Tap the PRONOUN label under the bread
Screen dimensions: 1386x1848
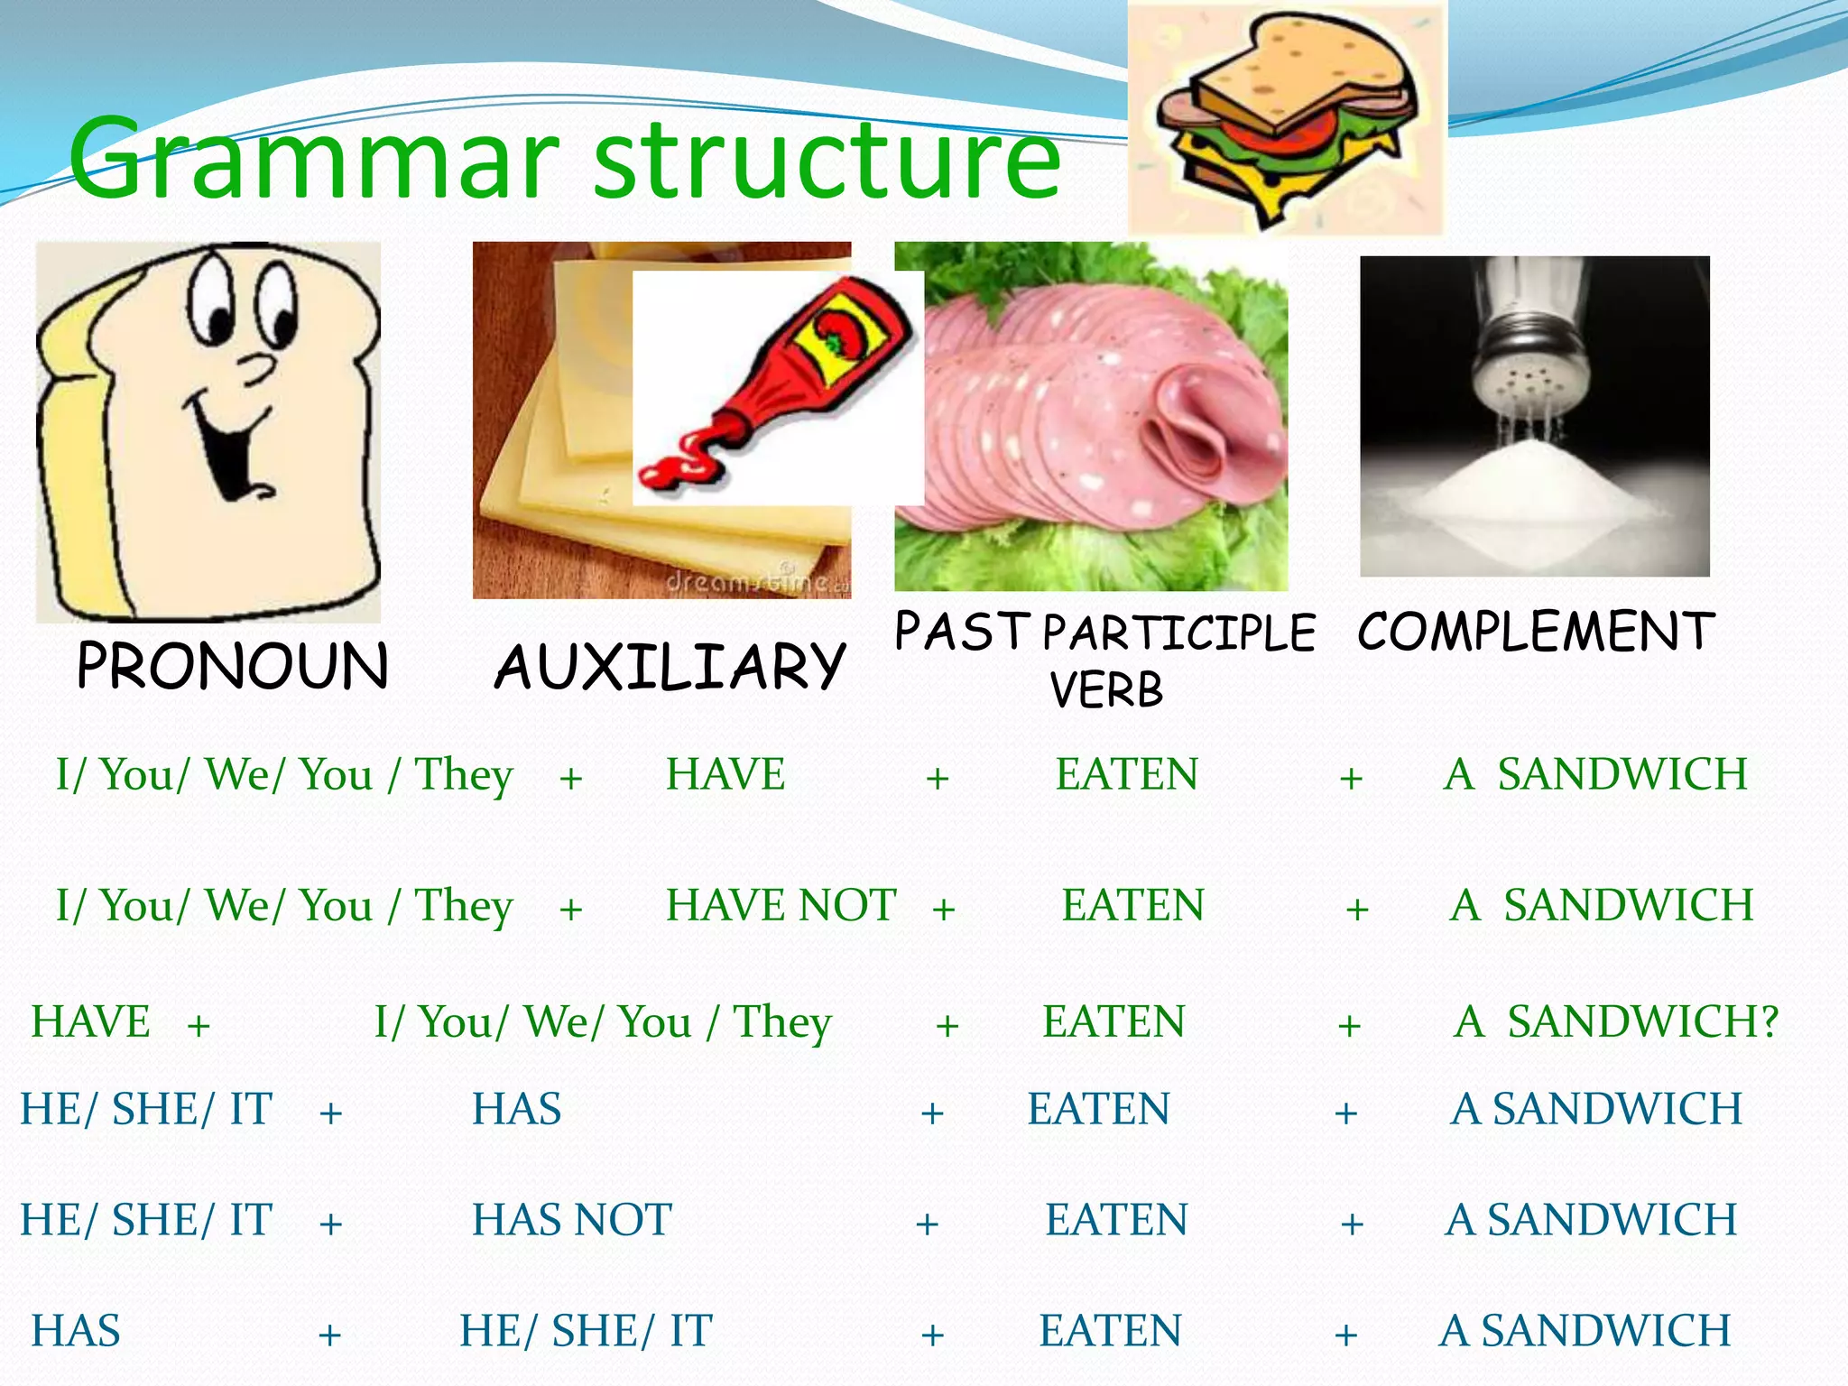click(233, 666)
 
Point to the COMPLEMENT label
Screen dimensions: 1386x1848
click(1535, 631)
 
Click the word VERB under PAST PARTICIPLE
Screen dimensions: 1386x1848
click(1106, 691)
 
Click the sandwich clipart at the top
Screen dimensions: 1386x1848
click(1286, 117)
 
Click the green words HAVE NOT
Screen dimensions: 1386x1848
click(781, 905)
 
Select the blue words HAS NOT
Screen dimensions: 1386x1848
click(572, 1220)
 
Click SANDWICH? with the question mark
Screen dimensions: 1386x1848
click(1641, 1022)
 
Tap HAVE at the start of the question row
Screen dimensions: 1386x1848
click(90, 1022)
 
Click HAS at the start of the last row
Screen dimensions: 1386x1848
click(76, 1331)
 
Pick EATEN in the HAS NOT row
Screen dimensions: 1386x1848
click(1116, 1220)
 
